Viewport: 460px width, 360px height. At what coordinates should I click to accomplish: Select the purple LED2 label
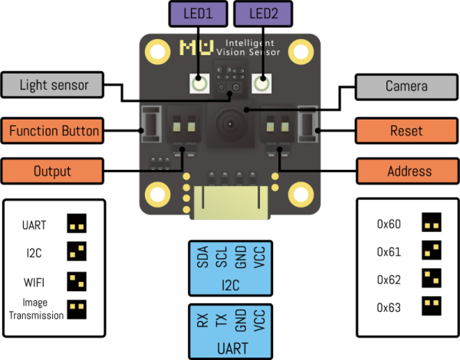262,14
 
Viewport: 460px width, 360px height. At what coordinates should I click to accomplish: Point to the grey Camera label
406,87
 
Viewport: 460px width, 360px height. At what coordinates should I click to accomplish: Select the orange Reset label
406,131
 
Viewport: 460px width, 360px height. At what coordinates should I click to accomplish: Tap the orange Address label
406,171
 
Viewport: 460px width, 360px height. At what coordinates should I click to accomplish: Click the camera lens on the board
228,121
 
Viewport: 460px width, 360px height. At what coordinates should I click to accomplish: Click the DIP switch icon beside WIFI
76,280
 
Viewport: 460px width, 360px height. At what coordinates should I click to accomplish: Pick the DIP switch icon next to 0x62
432,279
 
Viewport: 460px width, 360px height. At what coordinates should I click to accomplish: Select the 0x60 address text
389,224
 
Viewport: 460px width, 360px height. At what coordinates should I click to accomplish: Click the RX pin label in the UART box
202,319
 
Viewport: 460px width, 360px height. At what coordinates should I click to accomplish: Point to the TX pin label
221,319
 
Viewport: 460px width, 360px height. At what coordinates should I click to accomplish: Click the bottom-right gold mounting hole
299,192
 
